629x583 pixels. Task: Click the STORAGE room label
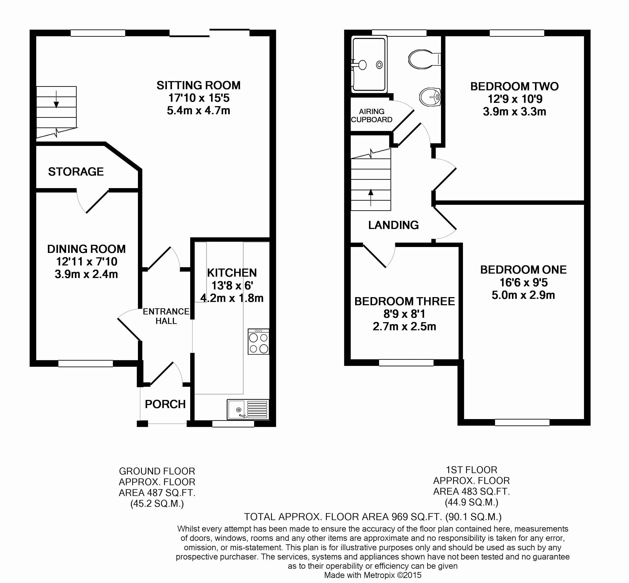(x=76, y=172)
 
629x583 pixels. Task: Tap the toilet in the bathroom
(x=424, y=59)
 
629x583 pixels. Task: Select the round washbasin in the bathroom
(x=430, y=97)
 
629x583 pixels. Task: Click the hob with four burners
(x=258, y=342)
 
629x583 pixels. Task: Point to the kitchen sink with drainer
(x=248, y=409)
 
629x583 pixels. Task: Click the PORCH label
(x=165, y=404)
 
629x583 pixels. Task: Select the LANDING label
(x=394, y=225)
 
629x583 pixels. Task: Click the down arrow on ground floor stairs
(x=56, y=99)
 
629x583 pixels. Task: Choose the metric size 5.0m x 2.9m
(x=523, y=295)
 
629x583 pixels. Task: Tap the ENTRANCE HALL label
(x=166, y=316)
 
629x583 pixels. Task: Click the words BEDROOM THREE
(x=405, y=301)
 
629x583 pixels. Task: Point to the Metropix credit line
(x=373, y=575)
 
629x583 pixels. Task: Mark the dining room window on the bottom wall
(x=85, y=363)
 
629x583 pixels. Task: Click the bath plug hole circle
(x=379, y=65)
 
